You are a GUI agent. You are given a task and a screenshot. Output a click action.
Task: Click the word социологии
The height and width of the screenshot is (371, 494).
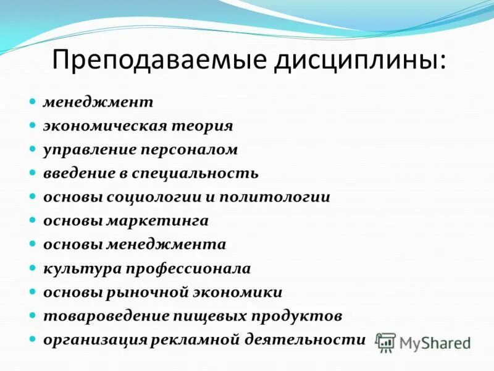pos(153,197)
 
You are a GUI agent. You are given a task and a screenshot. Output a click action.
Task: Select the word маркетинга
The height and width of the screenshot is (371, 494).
pos(157,221)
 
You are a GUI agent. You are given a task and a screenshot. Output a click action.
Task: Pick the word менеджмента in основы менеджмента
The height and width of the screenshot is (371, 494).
pos(166,244)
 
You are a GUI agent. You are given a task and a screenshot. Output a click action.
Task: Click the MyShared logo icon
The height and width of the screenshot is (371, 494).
pos(387,343)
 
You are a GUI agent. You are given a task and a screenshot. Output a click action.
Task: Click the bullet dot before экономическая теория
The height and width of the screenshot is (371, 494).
pos(33,126)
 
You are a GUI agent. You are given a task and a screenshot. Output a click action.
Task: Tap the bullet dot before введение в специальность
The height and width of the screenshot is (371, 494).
pos(33,173)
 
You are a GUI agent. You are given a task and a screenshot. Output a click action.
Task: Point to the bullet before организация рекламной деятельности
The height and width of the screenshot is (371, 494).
pos(33,339)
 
